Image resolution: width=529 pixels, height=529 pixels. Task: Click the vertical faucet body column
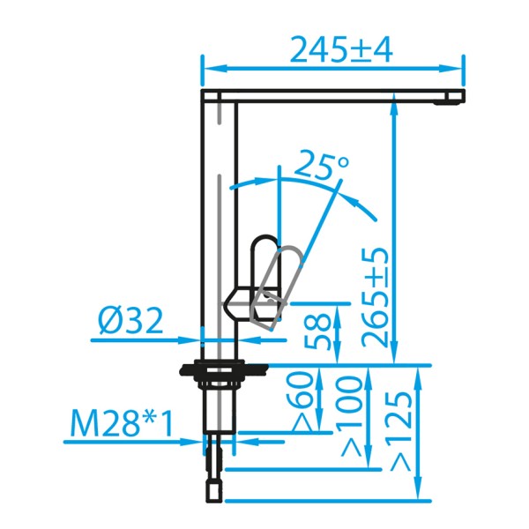click(220, 220)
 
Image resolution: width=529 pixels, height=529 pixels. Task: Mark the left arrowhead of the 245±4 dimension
click(210, 68)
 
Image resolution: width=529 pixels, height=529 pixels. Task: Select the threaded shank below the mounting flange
click(220, 406)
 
